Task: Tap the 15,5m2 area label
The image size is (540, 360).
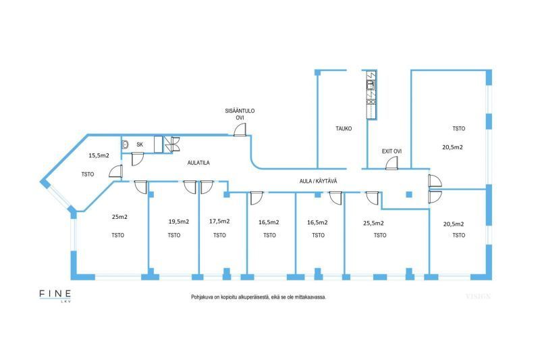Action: (x=99, y=155)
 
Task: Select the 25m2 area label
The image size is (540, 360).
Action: (x=119, y=217)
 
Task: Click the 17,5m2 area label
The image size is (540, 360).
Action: (x=219, y=221)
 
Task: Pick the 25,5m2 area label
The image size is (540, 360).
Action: (x=373, y=222)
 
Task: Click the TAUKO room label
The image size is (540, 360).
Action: (x=344, y=128)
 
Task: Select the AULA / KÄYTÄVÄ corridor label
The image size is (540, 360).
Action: (x=319, y=181)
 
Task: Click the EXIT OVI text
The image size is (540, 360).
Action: (x=391, y=151)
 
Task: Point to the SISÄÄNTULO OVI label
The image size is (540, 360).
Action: (x=240, y=114)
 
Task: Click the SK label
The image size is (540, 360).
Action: (x=140, y=145)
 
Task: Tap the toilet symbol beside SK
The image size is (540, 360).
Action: (x=126, y=145)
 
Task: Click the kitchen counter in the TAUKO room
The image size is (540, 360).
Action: (x=370, y=95)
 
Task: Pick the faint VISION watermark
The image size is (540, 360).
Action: (x=477, y=297)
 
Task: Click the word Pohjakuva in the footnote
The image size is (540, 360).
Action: (x=203, y=297)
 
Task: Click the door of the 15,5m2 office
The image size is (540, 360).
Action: (x=115, y=173)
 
